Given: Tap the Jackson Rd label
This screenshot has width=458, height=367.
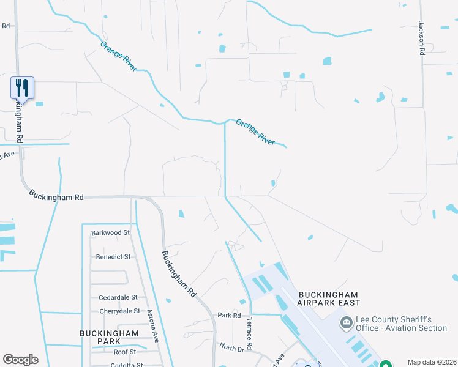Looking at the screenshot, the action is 421,39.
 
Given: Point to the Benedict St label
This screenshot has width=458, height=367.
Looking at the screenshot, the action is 113,257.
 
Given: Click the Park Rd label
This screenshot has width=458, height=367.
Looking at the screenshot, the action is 229,316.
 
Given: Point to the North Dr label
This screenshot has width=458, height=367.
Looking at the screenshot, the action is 231,347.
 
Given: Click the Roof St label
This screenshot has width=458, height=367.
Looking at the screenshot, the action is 124,352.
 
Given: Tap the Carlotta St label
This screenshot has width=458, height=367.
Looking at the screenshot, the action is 127,365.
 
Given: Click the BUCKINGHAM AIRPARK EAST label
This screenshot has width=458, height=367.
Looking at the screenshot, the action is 329,298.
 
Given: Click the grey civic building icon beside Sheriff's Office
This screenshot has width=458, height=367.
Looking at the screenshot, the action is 346,322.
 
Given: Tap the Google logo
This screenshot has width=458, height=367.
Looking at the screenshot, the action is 20,360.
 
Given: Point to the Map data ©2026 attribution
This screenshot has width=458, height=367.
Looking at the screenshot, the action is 432,362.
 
